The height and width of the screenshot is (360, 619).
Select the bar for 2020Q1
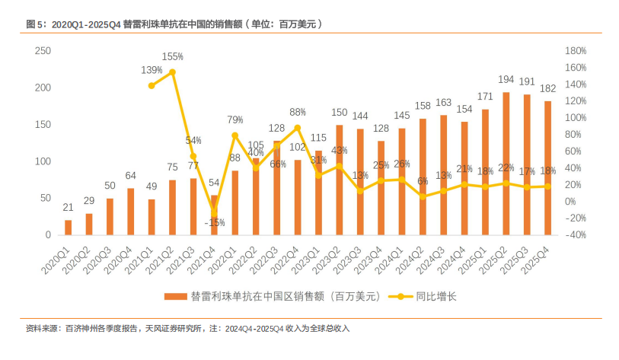point(69,228)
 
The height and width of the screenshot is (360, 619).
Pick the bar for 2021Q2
point(173,208)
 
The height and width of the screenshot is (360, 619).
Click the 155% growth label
point(172,57)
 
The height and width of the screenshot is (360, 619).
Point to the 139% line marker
point(152,85)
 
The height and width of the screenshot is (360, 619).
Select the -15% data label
point(215,223)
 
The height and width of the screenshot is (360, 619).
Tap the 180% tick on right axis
point(576,51)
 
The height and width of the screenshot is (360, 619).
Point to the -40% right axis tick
point(576,235)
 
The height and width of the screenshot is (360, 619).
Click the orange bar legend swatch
point(177,295)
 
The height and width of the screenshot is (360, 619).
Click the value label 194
point(506,79)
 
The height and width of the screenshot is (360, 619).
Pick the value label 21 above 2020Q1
point(69,209)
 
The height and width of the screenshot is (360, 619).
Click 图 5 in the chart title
point(36,24)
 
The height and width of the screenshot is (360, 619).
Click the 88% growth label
point(298,112)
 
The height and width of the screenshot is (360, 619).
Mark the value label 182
point(548,88)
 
